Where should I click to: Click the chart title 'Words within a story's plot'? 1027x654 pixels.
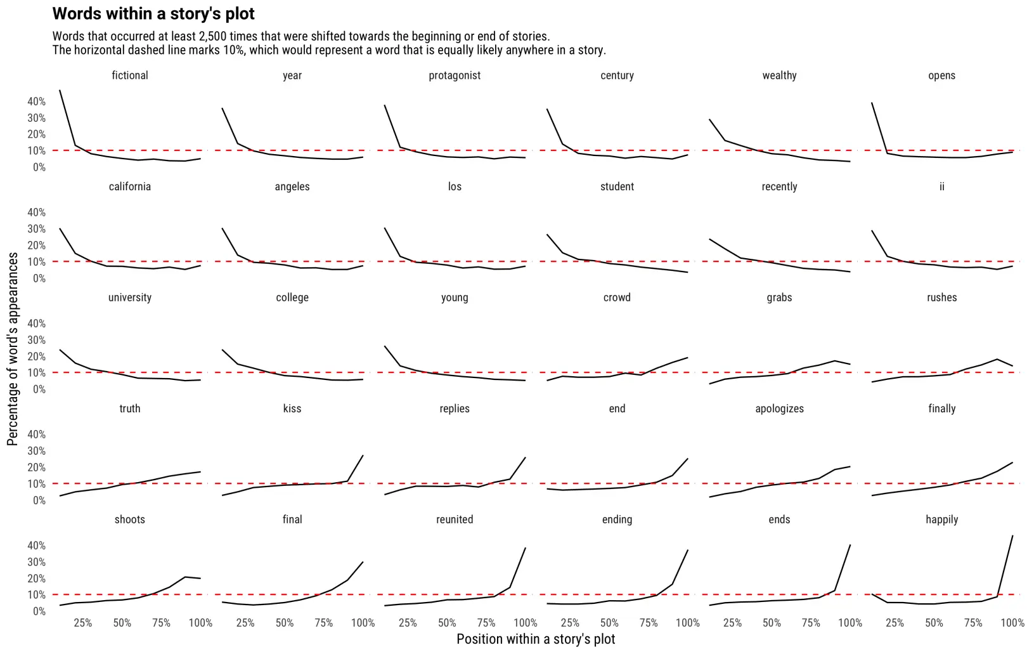pos(153,14)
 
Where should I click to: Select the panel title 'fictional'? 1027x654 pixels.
pos(130,75)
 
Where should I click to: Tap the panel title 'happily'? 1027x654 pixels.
pos(941,520)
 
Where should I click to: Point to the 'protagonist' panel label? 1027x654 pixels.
pos(455,75)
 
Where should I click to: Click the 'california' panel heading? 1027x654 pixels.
pos(130,186)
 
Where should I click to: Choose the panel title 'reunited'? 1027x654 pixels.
pos(455,520)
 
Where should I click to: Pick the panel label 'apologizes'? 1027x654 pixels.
pos(779,409)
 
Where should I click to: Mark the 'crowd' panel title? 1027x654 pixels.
pos(617,298)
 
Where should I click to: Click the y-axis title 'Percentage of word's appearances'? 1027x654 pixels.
pos(13,349)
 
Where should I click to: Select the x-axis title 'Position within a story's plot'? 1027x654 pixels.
pos(536,639)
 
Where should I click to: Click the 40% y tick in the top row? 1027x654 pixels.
pos(37,101)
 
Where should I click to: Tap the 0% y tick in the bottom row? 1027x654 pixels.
pos(39,611)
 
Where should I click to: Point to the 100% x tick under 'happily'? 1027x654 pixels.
pos(1012,623)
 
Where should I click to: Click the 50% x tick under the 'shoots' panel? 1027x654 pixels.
pos(122,623)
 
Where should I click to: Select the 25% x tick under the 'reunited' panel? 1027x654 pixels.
pos(408,623)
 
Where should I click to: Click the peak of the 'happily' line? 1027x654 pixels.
pos(1012,536)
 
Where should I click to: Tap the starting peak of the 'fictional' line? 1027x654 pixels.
pos(60,90)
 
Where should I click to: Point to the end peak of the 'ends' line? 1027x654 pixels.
pos(850,545)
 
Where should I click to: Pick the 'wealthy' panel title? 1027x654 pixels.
pos(779,75)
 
